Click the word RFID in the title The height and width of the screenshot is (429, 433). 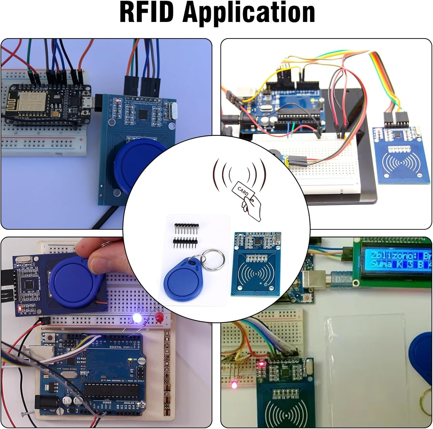tap(147, 13)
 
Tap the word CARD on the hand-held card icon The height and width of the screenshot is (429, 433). tap(243, 190)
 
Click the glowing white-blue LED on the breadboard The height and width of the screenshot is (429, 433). tap(137, 318)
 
